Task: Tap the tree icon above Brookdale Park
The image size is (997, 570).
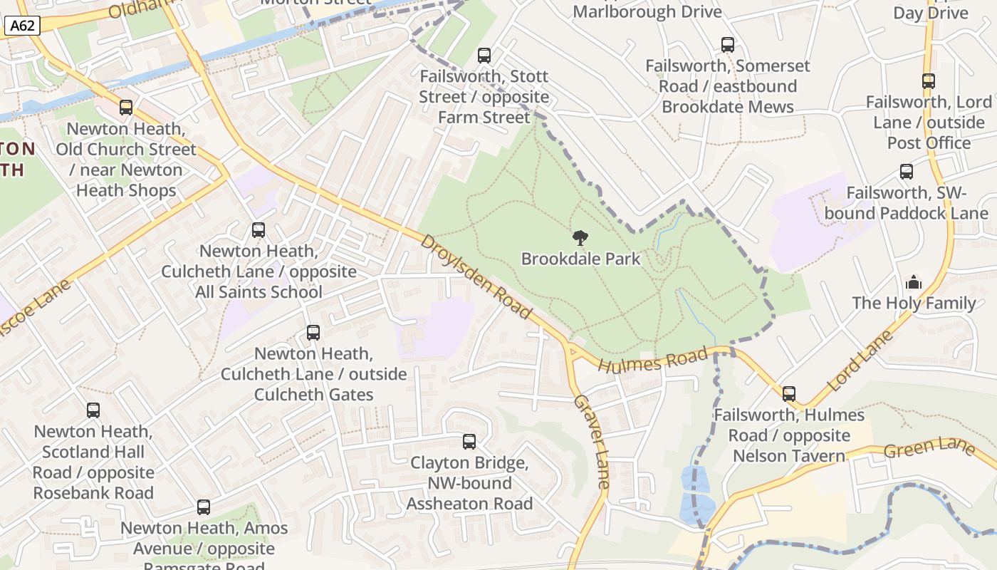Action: [580, 238]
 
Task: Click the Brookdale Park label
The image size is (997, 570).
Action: [580, 259]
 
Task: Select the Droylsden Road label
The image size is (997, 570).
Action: [476, 276]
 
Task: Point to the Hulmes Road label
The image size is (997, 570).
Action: [654, 361]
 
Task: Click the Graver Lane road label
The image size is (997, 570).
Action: [592, 441]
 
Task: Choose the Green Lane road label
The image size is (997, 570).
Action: [929, 448]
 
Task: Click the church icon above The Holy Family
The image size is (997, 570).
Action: [914, 283]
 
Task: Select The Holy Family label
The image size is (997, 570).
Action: [914, 303]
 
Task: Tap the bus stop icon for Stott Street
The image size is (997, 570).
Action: [484, 55]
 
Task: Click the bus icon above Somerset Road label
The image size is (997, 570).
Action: [727, 45]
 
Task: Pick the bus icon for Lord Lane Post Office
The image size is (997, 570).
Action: [928, 81]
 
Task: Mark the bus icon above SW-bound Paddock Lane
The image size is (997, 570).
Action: [906, 172]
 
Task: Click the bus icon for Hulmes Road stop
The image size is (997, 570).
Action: [788, 394]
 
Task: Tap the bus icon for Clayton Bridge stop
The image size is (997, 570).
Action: [469, 442]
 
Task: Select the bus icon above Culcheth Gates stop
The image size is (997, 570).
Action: [313, 333]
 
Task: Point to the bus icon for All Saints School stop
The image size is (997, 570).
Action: [258, 230]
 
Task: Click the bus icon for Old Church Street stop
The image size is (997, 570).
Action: [126, 108]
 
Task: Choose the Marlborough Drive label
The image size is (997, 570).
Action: [647, 11]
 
